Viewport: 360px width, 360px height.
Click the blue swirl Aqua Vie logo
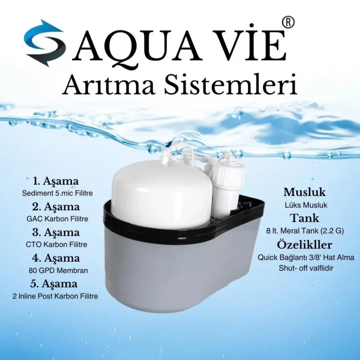(x=45, y=43)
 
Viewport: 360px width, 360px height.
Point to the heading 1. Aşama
(x=56, y=181)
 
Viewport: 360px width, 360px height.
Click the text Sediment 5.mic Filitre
(x=56, y=193)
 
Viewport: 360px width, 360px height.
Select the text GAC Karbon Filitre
(x=56, y=219)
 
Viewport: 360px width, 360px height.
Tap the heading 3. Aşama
(x=56, y=232)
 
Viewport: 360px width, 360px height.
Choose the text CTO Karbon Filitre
(x=56, y=244)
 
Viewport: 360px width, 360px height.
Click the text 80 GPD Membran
(x=56, y=270)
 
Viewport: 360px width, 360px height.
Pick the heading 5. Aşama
(x=56, y=283)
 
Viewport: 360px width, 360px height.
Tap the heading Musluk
(x=305, y=192)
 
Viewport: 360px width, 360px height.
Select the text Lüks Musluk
(x=305, y=205)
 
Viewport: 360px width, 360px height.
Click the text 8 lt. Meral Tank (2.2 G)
(x=305, y=230)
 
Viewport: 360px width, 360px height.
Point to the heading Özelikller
(x=305, y=244)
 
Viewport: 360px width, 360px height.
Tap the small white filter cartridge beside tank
(x=225, y=188)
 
